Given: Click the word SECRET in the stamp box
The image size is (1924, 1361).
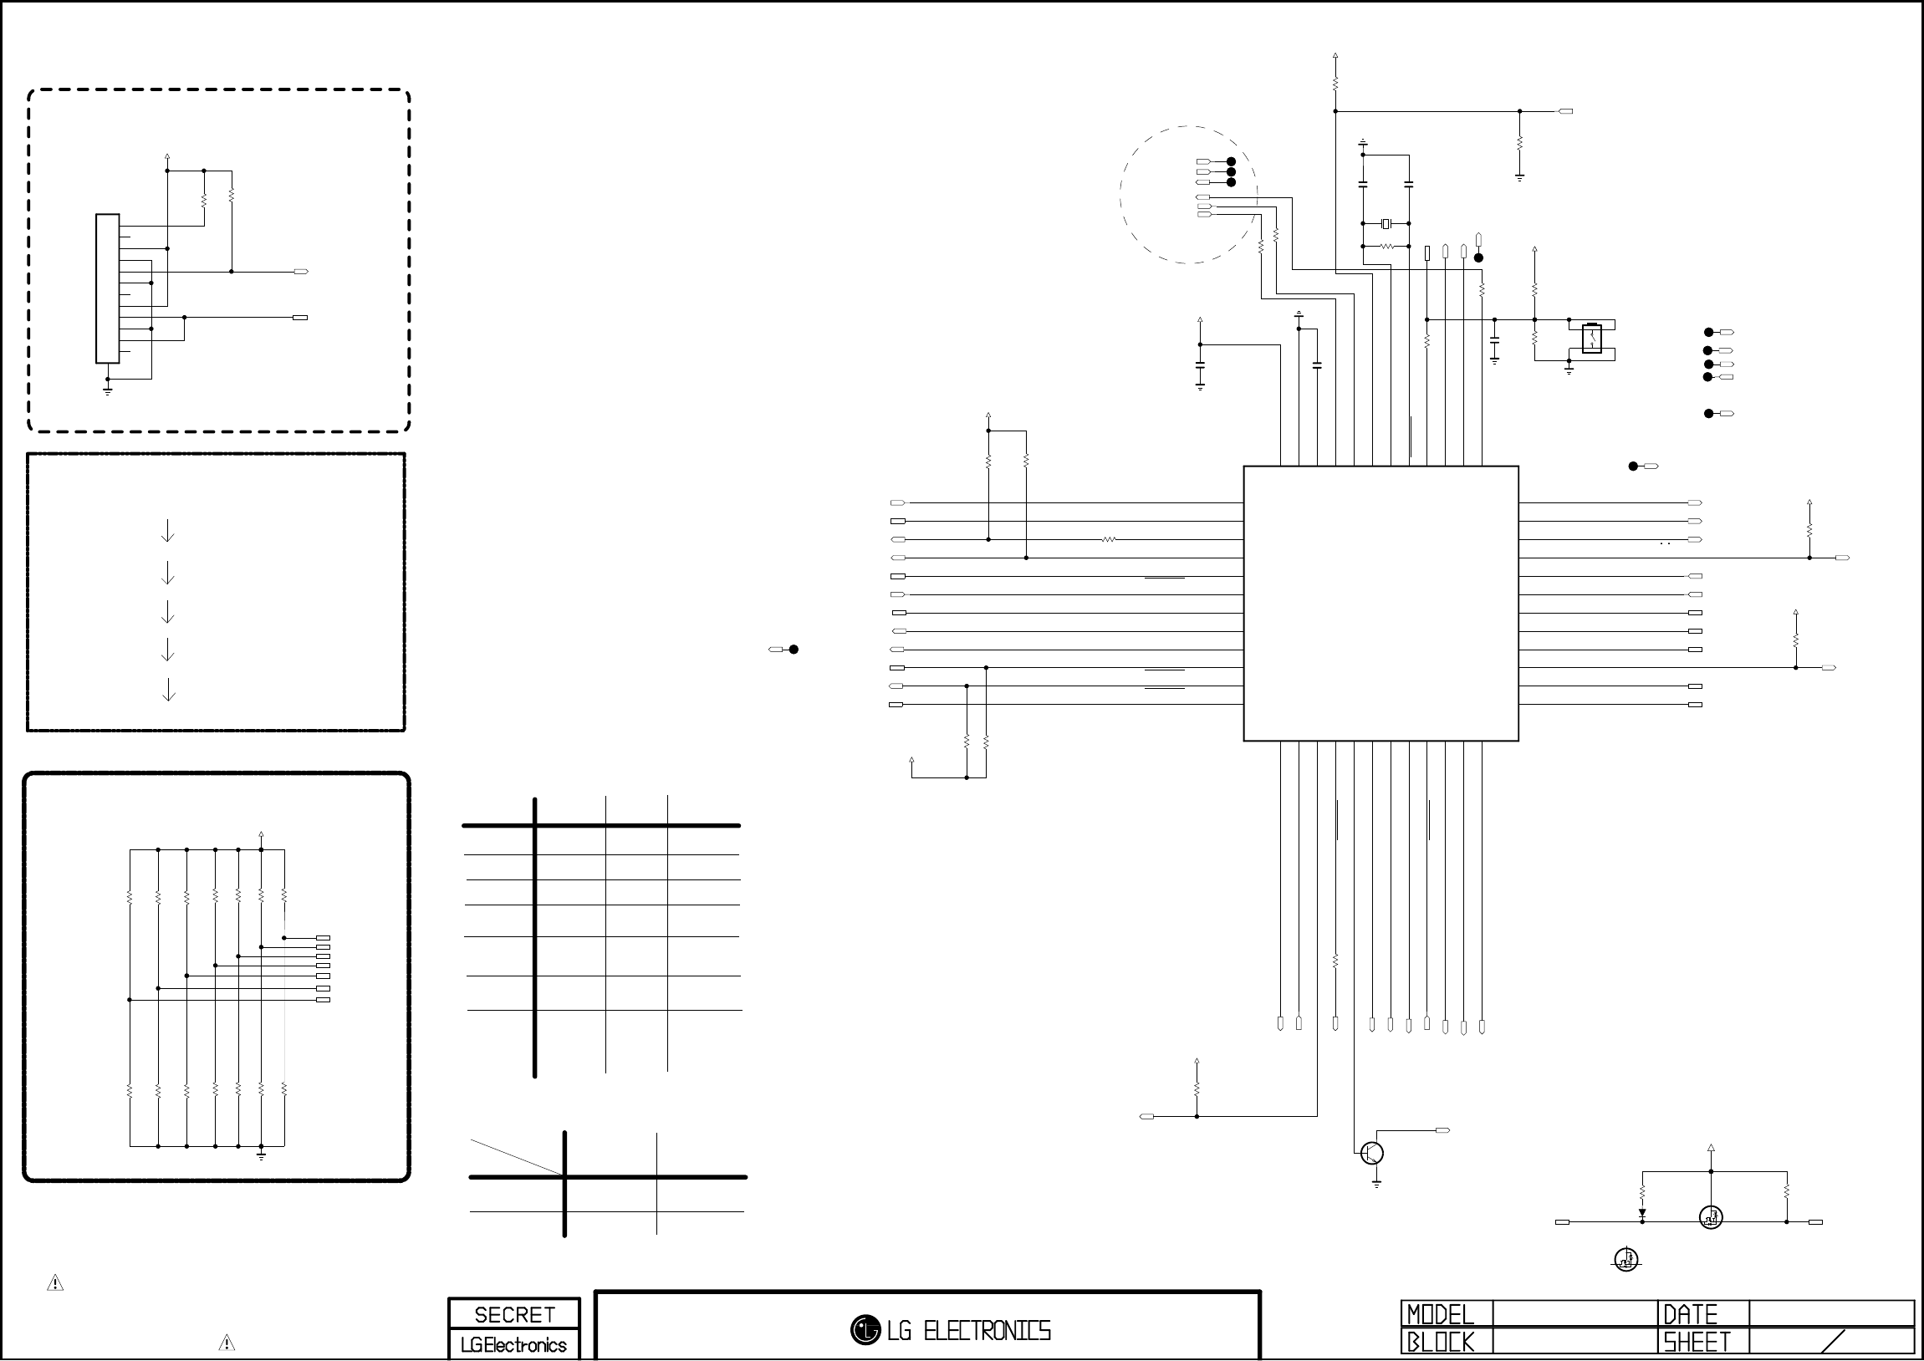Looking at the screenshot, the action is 514,1315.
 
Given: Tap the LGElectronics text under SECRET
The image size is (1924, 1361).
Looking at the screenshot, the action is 513,1345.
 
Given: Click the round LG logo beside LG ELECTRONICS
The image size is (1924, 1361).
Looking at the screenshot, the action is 865,1330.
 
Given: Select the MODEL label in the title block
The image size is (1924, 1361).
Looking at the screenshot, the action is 1440,1314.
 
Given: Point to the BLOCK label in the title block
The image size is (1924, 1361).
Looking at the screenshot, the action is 1440,1343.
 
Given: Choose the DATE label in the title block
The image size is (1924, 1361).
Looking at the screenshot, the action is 1690,1314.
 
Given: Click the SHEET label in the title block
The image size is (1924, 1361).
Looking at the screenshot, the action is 1696,1343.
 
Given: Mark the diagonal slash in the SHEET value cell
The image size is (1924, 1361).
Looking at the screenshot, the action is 1833,1342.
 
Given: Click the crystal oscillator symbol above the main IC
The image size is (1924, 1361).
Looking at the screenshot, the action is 1386,223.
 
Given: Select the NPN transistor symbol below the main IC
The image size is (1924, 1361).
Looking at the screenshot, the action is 1372,1153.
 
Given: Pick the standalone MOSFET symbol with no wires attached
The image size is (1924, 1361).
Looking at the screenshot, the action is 1626,1259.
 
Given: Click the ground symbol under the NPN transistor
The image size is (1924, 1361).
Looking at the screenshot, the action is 1376,1184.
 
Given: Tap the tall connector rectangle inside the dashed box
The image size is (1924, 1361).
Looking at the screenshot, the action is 107,289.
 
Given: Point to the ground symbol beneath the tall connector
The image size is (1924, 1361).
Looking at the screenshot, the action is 107,390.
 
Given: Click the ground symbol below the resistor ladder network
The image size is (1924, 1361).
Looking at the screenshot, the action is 262,1155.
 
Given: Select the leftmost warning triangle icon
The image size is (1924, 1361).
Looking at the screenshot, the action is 55,1282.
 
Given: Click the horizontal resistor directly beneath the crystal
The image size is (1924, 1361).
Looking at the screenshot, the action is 1387,247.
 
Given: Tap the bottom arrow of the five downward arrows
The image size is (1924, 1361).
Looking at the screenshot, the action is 168,690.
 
